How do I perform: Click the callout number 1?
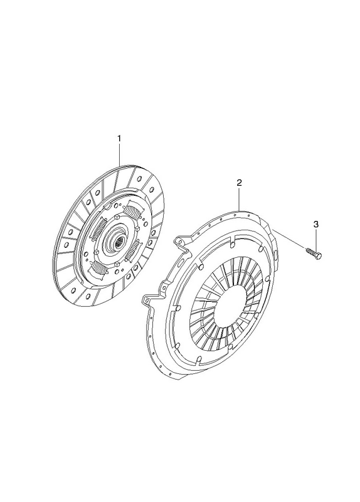[x=119, y=139]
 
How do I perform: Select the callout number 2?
[x=239, y=183]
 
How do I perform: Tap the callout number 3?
[x=316, y=225]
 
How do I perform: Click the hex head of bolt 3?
[x=319, y=255]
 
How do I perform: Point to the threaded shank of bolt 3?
[x=310, y=252]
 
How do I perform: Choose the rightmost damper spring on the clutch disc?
[x=133, y=249]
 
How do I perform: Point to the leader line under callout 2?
[x=240, y=199]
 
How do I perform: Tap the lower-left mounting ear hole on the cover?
[x=147, y=301]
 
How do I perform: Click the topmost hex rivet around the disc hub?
[x=117, y=216]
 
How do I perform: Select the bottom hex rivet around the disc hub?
[x=117, y=264]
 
